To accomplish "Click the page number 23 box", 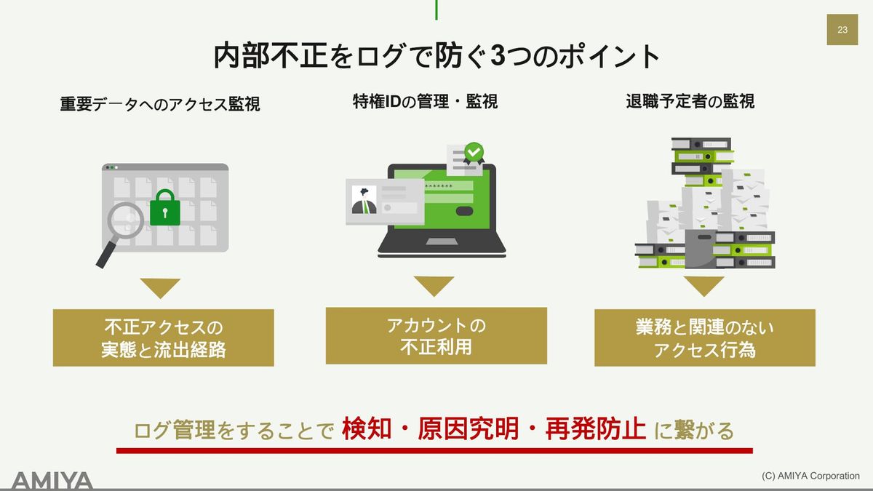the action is (x=842, y=30).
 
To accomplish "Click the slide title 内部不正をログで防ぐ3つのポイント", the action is (x=436, y=56).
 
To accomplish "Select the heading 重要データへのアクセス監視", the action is (x=160, y=104).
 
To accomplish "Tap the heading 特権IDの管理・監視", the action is (x=425, y=102).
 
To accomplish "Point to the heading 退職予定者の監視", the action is (x=690, y=102).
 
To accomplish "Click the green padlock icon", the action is (x=165, y=208).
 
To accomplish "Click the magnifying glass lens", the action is (x=125, y=220).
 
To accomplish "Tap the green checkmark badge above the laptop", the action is (x=474, y=153).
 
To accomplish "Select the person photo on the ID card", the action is (x=364, y=199).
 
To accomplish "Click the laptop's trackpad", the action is (x=442, y=242).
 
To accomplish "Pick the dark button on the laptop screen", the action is (x=464, y=211).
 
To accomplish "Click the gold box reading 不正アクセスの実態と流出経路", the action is (x=163, y=338).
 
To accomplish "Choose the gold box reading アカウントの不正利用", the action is (x=436, y=336).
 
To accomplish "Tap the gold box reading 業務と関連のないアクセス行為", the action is (x=705, y=338).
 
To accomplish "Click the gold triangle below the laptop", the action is (x=434, y=285).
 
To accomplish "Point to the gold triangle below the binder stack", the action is (x=704, y=285).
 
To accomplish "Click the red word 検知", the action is (x=367, y=429).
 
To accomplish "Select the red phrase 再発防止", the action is (x=595, y=429).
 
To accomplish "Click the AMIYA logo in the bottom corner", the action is (x=52, y=482).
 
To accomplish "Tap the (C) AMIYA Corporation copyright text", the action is (x=810, y=476).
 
